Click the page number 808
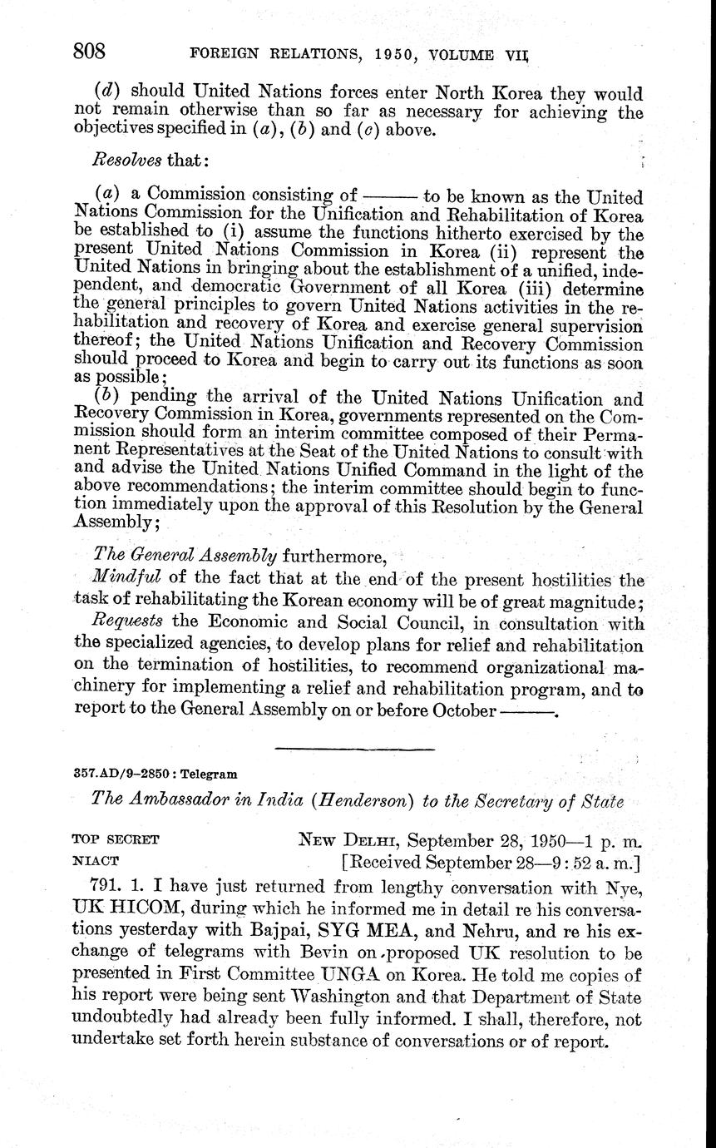coord(89,52)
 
